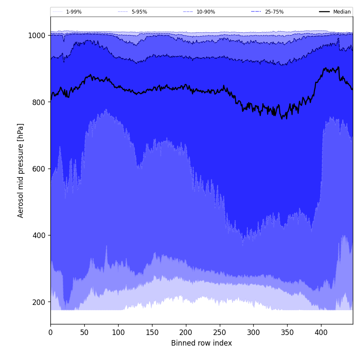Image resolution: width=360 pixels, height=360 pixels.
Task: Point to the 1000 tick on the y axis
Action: (37, 36)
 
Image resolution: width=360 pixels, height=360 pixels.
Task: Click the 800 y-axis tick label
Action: (39, 102)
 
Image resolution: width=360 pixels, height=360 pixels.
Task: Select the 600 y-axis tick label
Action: (39, 169)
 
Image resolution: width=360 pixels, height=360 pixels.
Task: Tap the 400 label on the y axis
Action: (39, 235)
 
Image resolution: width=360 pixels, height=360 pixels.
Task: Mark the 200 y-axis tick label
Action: (39, 302)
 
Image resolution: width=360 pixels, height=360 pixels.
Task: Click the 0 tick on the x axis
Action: (50, 333)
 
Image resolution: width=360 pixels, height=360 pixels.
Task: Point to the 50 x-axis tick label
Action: (84, 333)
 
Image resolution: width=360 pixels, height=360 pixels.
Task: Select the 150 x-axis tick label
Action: (152, 333)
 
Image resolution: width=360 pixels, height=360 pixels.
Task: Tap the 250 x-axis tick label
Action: (219, 333)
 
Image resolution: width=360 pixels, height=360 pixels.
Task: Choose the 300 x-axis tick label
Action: (253, 333)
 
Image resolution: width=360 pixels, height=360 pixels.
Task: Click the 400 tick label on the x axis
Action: (321, 333)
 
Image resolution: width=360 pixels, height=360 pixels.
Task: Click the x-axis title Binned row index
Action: (202, 343)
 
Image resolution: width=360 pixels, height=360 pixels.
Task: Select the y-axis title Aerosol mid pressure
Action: (21, 170)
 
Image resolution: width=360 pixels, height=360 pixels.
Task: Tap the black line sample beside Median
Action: (325, 12)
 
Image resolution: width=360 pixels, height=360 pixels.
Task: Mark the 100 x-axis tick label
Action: (118, 333)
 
